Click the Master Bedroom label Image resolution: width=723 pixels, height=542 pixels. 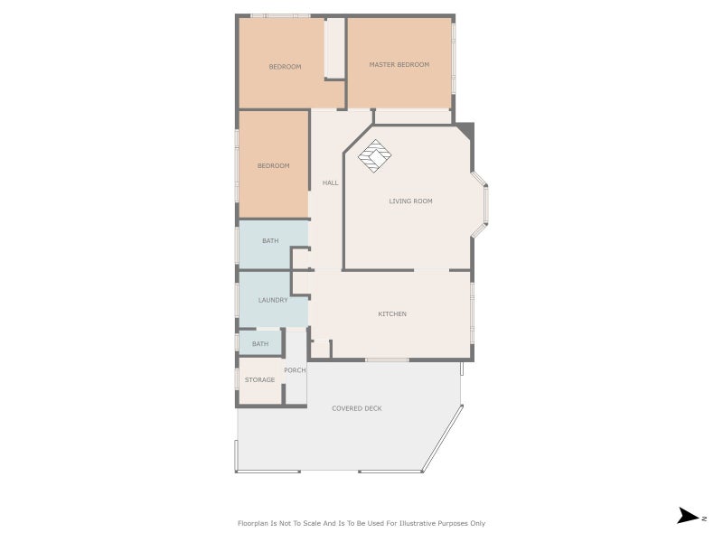coord(399,64)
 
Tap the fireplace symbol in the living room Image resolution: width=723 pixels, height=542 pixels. coord(375,156)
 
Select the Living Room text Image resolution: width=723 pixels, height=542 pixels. coord(411,201)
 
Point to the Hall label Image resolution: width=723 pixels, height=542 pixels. coord(330,183)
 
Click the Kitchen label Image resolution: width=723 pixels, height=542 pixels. coord(392,313)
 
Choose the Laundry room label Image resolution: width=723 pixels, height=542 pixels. coord(273,300)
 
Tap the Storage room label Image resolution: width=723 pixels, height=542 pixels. coord(259,379)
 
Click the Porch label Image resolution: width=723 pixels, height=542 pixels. coord(295,370)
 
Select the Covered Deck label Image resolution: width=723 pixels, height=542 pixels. coord(357,408)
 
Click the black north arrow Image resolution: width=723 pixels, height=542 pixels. coord(688,516)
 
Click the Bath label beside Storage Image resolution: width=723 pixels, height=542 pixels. coord(260,344)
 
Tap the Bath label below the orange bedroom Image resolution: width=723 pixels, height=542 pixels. coord(270,240)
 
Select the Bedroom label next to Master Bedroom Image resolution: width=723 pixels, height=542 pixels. coord(285,67)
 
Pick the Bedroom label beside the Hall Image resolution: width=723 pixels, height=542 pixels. coord(274,166)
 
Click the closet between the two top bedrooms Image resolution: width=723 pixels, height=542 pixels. coord(334,48)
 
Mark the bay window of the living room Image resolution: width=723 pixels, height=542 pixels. coord(481,205)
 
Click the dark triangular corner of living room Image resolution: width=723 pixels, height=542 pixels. coord(466,129)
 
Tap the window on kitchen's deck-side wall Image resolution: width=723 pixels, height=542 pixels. coord(387,360)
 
